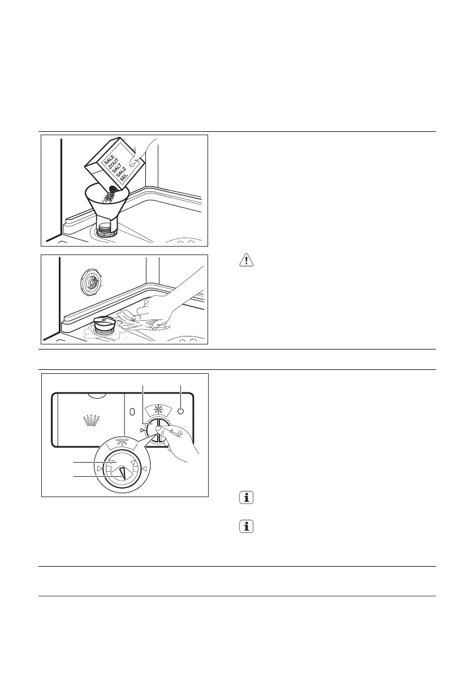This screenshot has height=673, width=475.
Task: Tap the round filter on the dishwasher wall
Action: coord(90,279)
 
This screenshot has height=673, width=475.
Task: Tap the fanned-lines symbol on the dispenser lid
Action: coord(90,420)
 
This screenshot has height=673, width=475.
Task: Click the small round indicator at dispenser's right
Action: coord(180,411)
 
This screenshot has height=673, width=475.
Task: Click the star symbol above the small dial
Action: coord(158,410)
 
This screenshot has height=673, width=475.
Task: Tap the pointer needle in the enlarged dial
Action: coord(123,471)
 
